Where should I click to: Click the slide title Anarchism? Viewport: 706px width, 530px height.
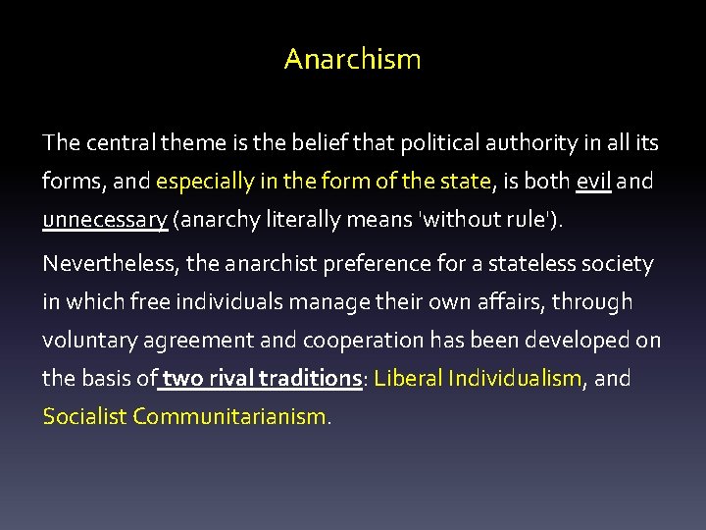pos(352,59)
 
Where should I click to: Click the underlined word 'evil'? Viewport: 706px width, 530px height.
pos(593,182)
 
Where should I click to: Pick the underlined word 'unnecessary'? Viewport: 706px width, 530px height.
pos(104,220)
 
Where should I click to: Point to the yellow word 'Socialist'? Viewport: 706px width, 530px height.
pos(84,416)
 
